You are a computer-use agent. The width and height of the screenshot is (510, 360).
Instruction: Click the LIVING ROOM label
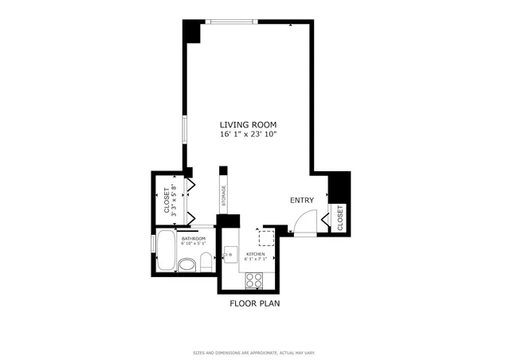248,124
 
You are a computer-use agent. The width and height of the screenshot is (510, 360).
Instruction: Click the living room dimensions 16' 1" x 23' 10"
248,135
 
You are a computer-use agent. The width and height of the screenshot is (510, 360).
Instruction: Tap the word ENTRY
302,201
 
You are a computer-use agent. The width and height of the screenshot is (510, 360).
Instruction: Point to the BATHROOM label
194,239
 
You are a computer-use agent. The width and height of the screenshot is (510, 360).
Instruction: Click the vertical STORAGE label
224,195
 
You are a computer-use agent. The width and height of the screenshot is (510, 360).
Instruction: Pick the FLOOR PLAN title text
254,303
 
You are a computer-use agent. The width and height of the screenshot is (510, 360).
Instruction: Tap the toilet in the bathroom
206,261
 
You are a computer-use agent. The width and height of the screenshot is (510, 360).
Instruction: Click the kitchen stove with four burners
254,279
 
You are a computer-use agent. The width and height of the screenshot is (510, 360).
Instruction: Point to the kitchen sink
229,255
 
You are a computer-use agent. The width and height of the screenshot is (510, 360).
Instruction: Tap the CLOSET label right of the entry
340,217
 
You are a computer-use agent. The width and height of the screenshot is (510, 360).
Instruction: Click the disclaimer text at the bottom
254,351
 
